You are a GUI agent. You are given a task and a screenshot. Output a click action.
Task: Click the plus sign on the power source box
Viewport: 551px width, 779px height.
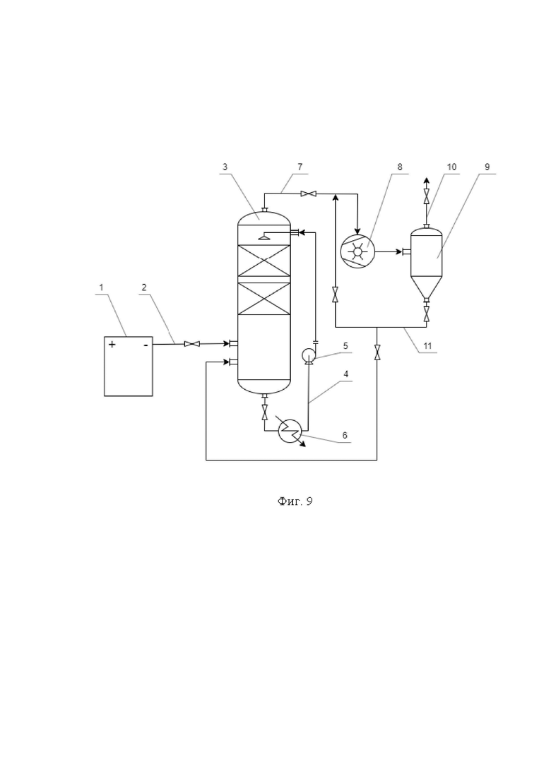pos(112,344)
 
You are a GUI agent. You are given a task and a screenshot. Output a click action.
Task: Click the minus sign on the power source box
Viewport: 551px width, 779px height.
pos(146,344)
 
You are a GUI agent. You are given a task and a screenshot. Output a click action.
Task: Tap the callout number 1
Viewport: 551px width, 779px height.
pos(101,287)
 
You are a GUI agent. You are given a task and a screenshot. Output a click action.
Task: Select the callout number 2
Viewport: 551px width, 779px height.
pos(144,287)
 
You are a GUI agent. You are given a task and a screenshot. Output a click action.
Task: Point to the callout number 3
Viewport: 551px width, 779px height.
pos(225,167)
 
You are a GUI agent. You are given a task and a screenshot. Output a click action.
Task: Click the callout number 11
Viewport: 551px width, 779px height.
pos(427,346)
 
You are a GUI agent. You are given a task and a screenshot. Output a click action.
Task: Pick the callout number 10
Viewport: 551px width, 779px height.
pos(451,167)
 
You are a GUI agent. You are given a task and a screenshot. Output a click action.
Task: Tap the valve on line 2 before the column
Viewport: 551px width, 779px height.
pos(191,344)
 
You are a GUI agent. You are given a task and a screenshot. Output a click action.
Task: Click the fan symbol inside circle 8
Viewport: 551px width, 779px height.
pos(357,253)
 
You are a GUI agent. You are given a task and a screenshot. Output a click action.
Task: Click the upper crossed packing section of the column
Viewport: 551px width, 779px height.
pos(263,261)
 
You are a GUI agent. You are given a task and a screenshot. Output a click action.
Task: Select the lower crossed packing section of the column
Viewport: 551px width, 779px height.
pos(263,299)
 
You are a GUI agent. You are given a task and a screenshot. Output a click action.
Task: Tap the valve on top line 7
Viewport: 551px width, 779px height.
pos(309,194)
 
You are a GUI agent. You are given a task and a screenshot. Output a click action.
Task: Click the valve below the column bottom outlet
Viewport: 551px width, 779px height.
pos(264,411)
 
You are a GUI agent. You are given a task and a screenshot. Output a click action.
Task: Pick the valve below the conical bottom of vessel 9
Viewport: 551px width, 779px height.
pos(426,314)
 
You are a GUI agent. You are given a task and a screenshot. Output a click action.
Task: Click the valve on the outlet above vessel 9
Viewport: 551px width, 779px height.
pos(426,196)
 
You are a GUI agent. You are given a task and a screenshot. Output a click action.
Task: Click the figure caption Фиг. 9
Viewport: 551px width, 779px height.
pos(295,501)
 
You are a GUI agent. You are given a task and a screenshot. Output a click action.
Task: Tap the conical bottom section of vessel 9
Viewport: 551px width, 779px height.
pos(426,287)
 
